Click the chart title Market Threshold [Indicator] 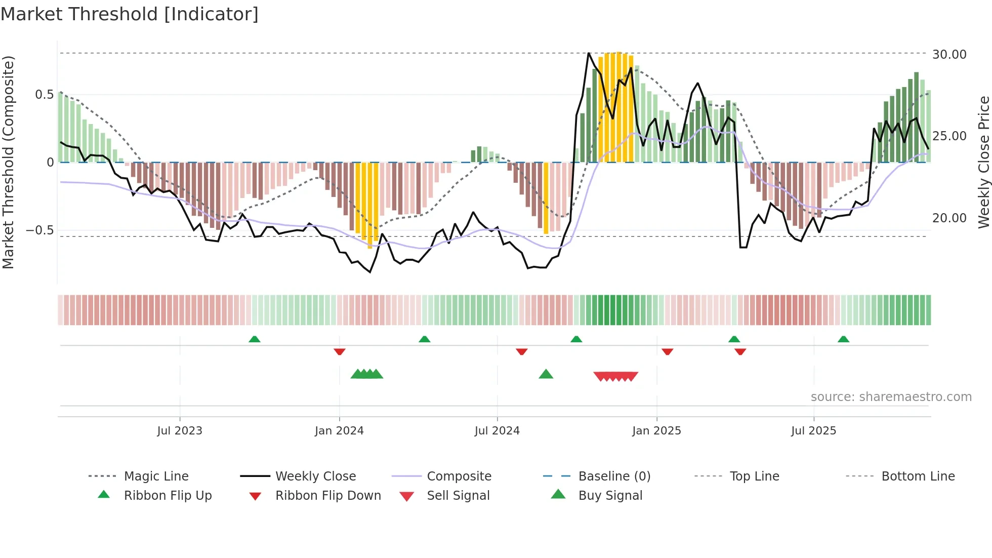tap(130, 14)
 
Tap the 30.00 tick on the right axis tap(949, 55)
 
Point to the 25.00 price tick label tap(949, 136)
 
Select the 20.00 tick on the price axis tap(949, 218)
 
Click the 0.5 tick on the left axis tap(44, 95)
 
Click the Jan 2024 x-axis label tap(339, 431)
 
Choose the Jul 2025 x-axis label tap(813, 431)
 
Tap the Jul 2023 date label tap(180, 431)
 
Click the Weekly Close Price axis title tap(983, 162)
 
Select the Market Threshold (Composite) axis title tap(8, 162)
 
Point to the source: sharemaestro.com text tap(891, 397)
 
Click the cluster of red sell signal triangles tap(615, 376)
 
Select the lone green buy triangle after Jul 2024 tap(546, 374)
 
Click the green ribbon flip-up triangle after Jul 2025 tap(843, 339)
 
